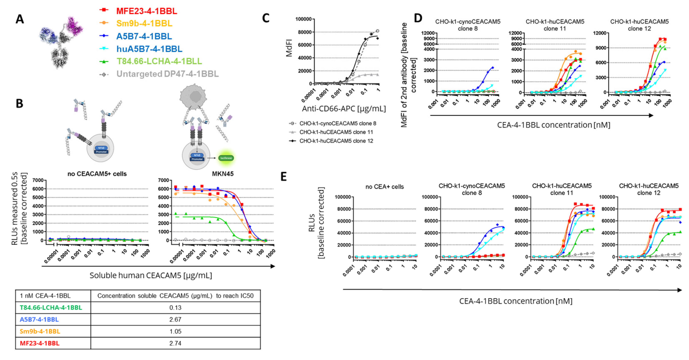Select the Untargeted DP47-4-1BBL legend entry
[167, 74]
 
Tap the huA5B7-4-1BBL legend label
[149, 49]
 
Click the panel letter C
[266, 18]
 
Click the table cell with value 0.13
[175, 308]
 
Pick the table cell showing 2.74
[175, 343]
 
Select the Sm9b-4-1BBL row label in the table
[40, 331]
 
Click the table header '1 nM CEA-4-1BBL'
[45, 296]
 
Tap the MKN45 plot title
[223, 174]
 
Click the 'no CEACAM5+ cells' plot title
[97, 174]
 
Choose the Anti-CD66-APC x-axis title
[344, 109]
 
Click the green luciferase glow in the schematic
[226, 158]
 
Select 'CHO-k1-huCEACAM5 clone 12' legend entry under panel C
[336, 141]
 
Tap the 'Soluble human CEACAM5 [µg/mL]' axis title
[151, 276]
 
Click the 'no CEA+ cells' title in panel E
[384, 187]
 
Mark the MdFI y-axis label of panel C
[289, 48]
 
